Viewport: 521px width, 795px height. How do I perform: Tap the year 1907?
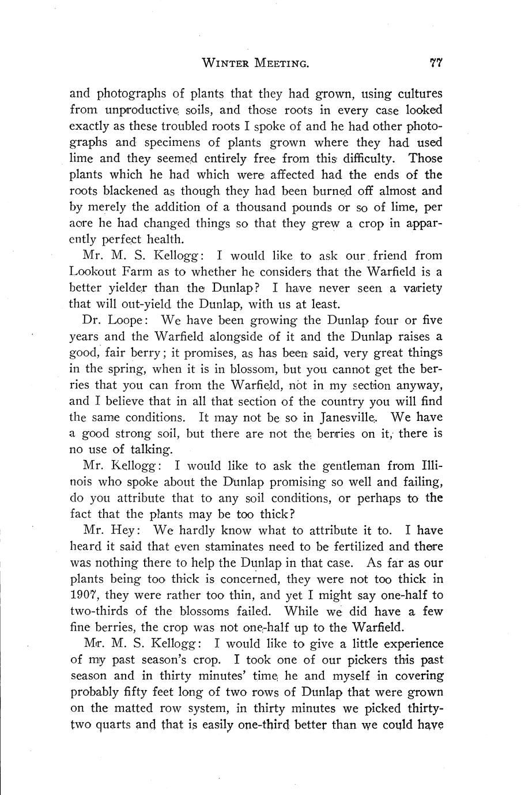[84, 595]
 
